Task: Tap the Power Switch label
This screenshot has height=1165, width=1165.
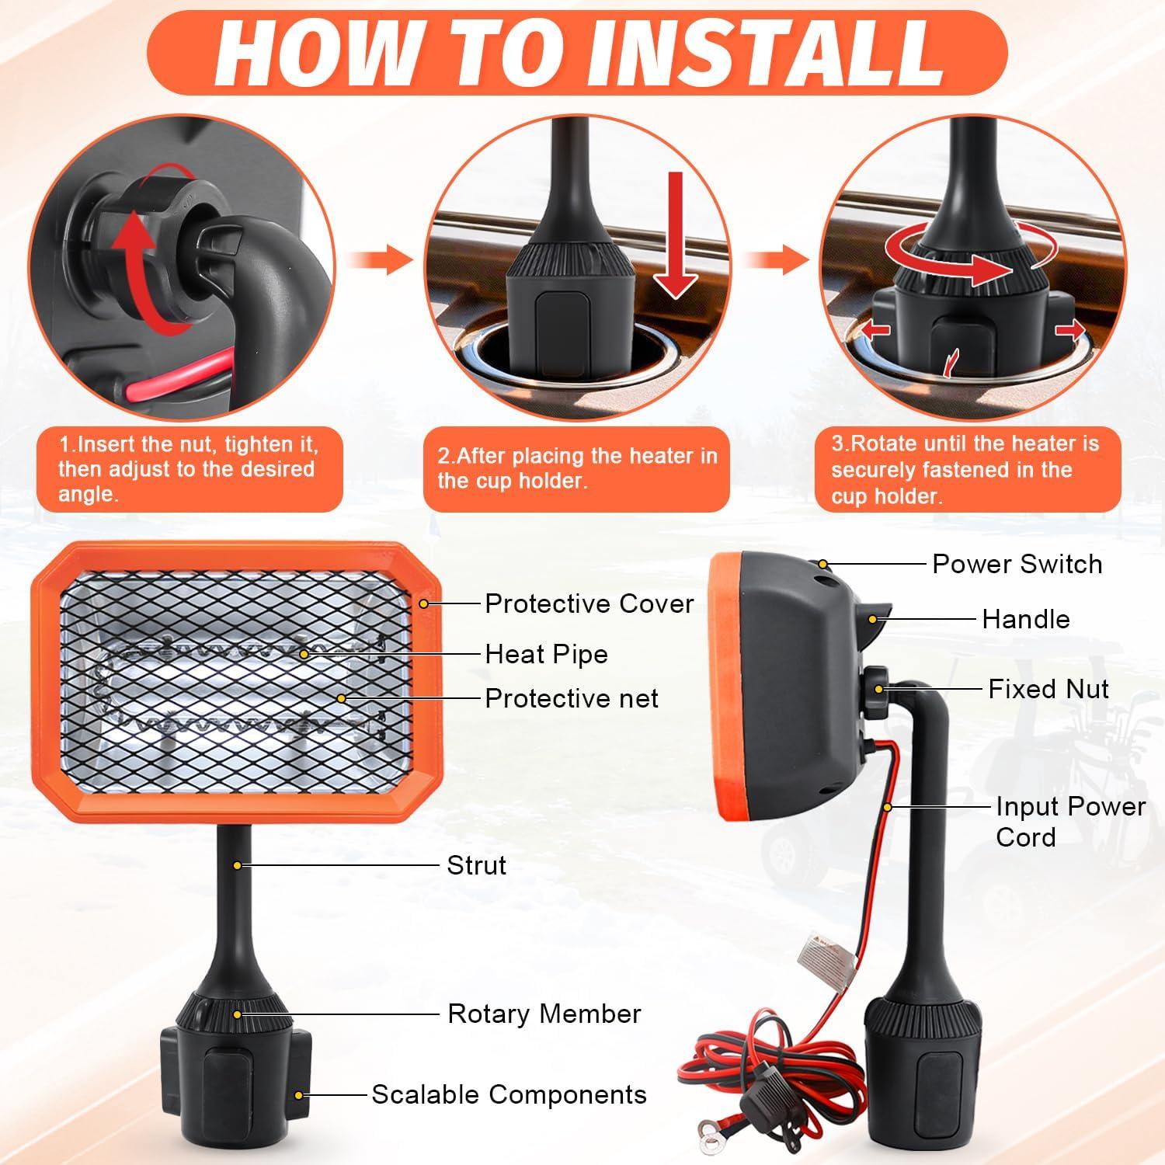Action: (1017, 564)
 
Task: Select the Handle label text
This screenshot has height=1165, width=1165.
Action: (1025, 619)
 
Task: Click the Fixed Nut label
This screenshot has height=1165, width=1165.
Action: (1048, 689)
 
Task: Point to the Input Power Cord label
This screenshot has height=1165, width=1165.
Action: (1069, 822)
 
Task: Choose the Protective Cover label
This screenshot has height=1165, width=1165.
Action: (589, 603)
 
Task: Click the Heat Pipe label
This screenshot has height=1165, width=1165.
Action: (546, 654)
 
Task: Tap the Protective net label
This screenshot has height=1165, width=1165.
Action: (571, 698)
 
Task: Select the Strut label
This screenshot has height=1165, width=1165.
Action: (476, 864)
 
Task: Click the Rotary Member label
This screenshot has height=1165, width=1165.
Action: (544, 1014)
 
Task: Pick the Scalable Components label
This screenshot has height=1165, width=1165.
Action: (509, 1094)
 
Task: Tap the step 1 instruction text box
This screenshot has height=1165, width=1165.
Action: (189, 469)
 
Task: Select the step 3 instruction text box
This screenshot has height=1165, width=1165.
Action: (967, 469)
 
